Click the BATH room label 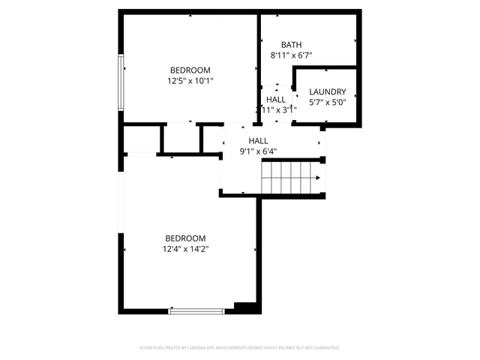[291, 44]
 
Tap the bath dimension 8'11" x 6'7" [291, 55]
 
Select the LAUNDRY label [328, 92]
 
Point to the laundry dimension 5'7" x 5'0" [328, 103]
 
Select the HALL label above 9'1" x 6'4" [258, 140]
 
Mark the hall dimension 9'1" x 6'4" [258, 151]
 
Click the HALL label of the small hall [275, 99]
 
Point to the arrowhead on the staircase [319, 178]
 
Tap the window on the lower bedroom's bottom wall [196, 310]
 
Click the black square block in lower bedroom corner [244, 306]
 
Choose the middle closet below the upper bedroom [181, 139]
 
